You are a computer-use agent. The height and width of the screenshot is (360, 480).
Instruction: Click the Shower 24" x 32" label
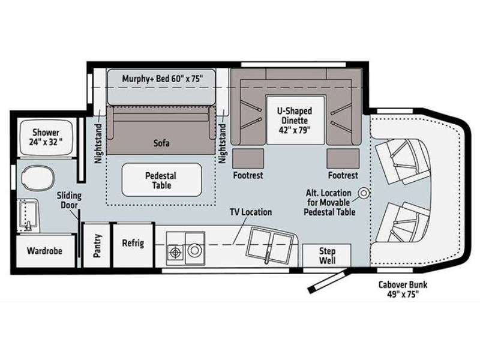pyautogui.click(x=46, y=137)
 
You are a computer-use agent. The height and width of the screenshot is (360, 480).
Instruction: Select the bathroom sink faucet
pyautogui.click(x=29, y=226)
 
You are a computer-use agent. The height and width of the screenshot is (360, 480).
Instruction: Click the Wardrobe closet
pyautogui.click(x=45, y=251)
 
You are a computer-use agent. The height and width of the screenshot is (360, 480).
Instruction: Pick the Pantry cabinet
pyautogui.click(x=97, y=245)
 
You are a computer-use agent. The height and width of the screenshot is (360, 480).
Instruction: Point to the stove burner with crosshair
pyautogui.click(x=175, y=252)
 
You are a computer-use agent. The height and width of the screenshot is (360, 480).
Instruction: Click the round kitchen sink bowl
pyautogui.click(x=194, y=250)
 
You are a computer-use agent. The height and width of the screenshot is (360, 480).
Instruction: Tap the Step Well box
pyautogui.click(x=326, y=256)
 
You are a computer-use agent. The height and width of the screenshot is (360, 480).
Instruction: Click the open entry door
pyautogui.click(x=328, y=281)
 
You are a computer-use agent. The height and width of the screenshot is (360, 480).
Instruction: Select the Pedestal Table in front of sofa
pyautogui.click(x=161, y=180)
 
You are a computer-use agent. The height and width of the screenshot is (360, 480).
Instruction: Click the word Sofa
pyautogui.click(x=161, y=143)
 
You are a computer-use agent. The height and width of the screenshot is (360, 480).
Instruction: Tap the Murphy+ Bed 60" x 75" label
pyautogui.click(x=162, y=79)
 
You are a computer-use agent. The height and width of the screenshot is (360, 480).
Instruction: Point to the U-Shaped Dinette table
pyautogui.click(x=295, y=121)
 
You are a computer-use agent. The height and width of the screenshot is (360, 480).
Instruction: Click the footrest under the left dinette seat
pyautogui.click(x=248, y=158)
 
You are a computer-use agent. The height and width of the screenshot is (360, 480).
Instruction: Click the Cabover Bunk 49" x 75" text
pyautogui.click(x=403, y=289)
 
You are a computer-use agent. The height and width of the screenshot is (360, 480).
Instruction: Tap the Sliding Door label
pyautogui.click(x=69, y=200)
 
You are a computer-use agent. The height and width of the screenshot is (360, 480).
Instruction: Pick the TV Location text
pyautogui.click(x=251, y=212)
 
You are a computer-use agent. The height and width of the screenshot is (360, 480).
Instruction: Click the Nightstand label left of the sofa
pyautogui.click(x=98, y=143)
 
